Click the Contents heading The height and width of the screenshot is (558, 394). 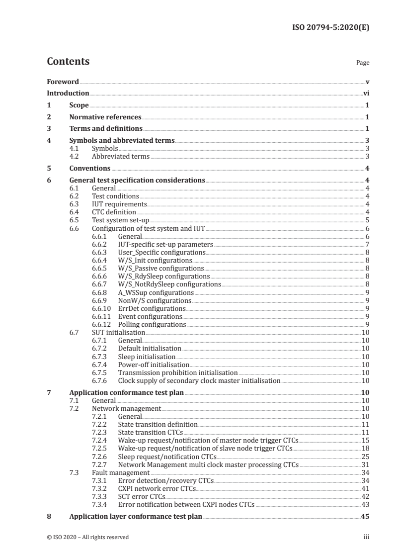[x=68, y=62]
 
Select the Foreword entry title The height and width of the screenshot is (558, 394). [x=63, y=82]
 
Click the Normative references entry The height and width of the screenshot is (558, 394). [x=105, y=117]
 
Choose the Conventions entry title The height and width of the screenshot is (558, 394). [x=90, y=169]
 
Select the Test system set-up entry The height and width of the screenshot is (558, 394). [x=121, y=220]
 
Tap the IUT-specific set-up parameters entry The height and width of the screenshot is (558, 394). [x=165, y=245]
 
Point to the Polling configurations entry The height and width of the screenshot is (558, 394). [x=152, y=325]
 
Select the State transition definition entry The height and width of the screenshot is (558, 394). [x=158, y=424]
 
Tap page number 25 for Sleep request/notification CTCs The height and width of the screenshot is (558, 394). [x=364, y=457]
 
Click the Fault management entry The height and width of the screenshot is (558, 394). [x=121, y=472]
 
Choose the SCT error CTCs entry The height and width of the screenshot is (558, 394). [x=141, y=497]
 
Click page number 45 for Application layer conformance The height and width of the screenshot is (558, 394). [x=364, y=517]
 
